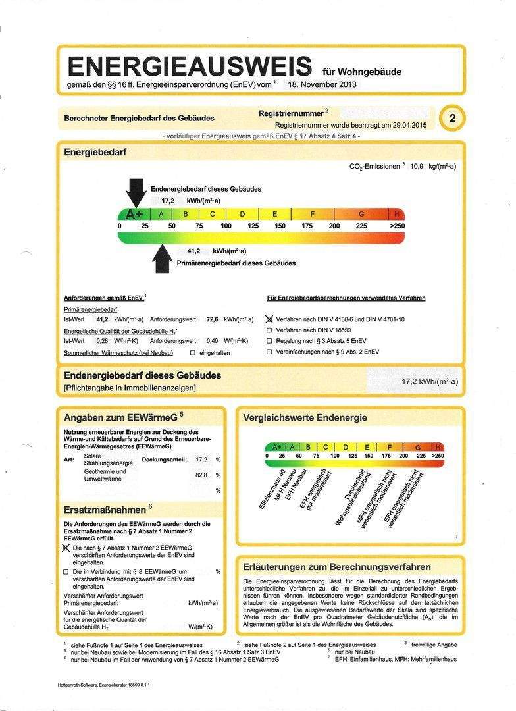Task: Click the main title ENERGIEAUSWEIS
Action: point(190,66)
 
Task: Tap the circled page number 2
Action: point(452,118)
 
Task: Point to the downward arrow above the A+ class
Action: point(137,193)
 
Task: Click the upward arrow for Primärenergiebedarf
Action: point(162,257)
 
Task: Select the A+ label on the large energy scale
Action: point(135,214)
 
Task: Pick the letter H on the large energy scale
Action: point(397,214)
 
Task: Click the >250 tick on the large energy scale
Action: point(397,226)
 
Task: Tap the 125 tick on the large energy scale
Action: point(253,226)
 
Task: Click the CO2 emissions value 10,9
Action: point(420,167)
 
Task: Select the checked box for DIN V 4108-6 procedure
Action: point(269,319)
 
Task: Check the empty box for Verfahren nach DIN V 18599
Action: point(269,330)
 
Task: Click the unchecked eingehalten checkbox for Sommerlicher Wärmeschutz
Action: point(192,353)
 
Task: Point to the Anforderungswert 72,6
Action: point(213,319)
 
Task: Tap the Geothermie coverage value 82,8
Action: point(201,475)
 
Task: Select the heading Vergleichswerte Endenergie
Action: point(305,418)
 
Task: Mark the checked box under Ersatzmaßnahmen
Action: point(66,548)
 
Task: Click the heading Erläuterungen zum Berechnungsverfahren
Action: point(337,567)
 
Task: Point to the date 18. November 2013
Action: point(322,85)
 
